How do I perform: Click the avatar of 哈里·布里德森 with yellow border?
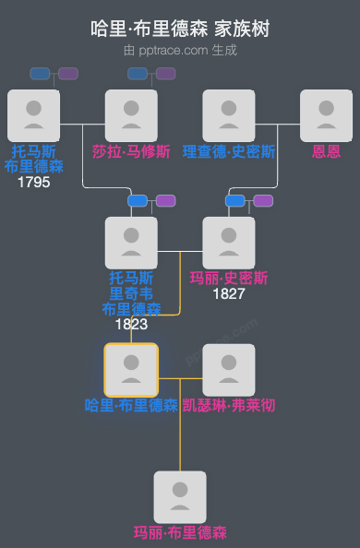[x=131, y=370]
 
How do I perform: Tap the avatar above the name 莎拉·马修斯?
[x=131, y=115]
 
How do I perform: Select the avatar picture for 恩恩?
[x=326, y=115]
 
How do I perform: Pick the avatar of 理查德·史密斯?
[x=229, y=115]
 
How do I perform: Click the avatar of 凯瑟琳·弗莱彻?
[x=228, y=370]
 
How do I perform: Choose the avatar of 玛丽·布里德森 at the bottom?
[x=180, y=497]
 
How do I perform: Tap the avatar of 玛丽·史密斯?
[x=228, y=243]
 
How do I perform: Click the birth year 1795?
[x=34, y=182]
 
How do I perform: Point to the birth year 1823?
[x=131, y=324]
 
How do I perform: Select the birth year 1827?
[x=228, y=293]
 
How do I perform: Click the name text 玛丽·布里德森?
[x=180, y=532]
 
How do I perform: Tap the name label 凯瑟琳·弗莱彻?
[x=228, y=405]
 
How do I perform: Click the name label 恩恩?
[x=326, y=150]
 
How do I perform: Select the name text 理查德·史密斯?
[x=229, y=150]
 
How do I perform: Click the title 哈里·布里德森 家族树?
[x=180, y=29]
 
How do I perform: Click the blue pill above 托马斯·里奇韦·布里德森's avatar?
[x=138, y=200]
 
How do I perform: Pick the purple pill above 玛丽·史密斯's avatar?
[x=263, y=200]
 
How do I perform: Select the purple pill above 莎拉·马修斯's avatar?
[x=165, y=74]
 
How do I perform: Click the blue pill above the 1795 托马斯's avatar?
[x=40, y=74]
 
